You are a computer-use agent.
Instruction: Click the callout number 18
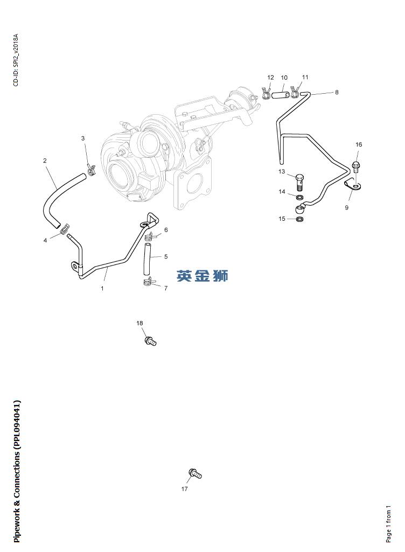coord(139,323)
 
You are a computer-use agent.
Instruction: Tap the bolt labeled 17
coord(194,474)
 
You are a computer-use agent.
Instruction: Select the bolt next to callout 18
coord(150,340)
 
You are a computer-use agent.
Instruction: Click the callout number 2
coord(45,160)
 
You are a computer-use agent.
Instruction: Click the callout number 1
coord(102,288)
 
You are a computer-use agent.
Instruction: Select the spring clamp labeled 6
coord(151,235)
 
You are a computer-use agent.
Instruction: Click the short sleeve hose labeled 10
coord(281,95)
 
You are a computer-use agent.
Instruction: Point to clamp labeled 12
coord(267,94)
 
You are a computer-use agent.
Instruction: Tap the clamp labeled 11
coord(295,93)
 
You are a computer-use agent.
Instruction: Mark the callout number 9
coord(347,207)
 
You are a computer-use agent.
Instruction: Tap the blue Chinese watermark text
coord(202,276)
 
